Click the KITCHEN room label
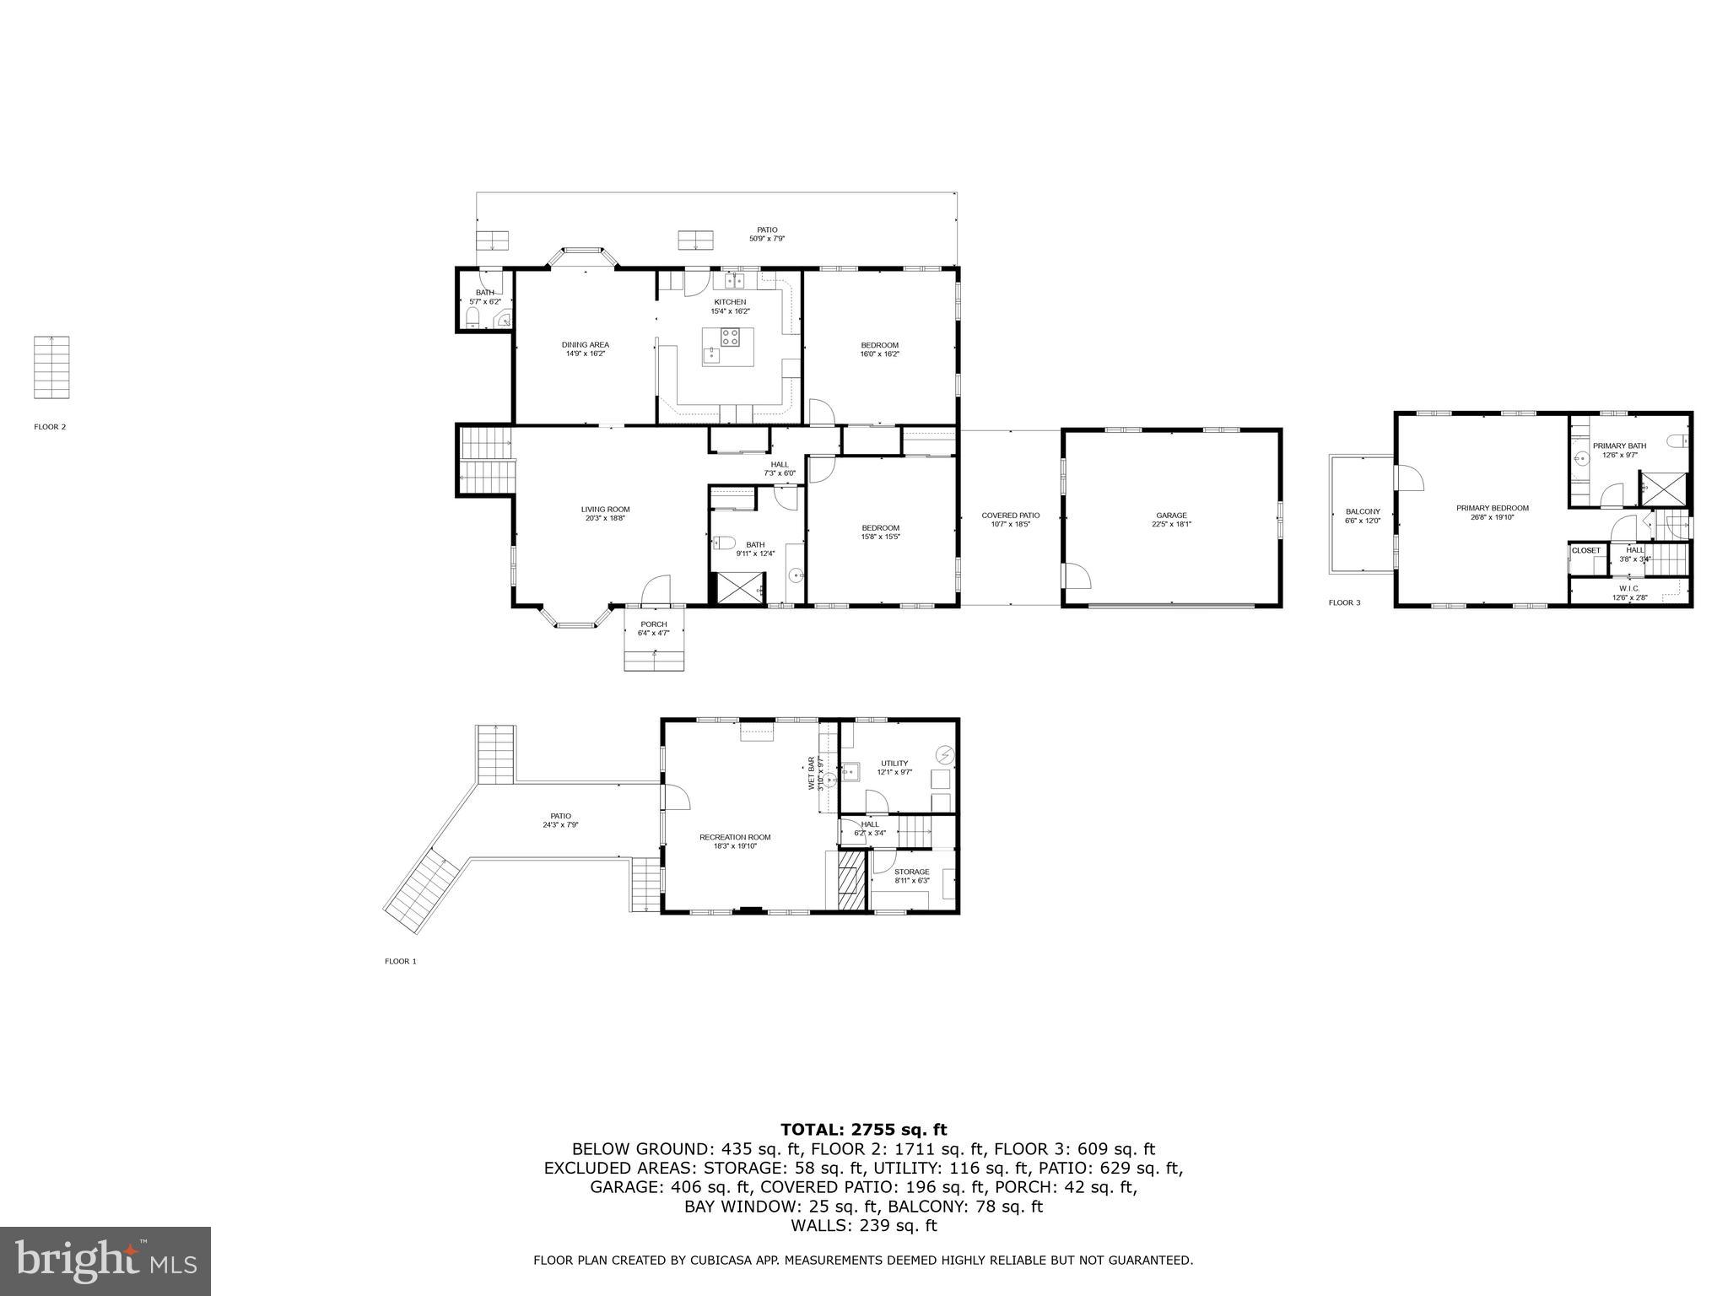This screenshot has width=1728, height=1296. click(x=730, y=302)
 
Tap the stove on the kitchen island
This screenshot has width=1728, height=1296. click(x=731, y=337)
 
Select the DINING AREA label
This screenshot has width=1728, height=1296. click(x=586, y=344)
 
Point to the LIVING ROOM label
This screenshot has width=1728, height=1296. click(x=605, y=509)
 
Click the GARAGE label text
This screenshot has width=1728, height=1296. click(x=1171, y=516)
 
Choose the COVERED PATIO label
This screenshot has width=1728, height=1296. click(x=1010, y=516)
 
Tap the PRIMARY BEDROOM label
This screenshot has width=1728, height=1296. click(x=1492, y=508)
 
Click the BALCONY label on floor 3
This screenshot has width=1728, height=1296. click(x=1362, y=511)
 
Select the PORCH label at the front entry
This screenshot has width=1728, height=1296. click(x=653, y=624)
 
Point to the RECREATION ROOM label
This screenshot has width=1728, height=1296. click(x=734, y=837)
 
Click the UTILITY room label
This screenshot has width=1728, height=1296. click(x=894, y=763)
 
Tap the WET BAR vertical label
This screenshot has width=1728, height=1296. click(x=812, y=773)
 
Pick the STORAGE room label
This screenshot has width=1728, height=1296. click(x=911, y=872)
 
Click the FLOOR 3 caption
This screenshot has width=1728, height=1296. click(x=1344, y=602)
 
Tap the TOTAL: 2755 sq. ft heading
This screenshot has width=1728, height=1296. click(x=863, y=1130)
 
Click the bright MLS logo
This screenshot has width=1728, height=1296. click(x=105, y=1261)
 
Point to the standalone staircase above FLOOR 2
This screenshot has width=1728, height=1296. click(x=51, y=367)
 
